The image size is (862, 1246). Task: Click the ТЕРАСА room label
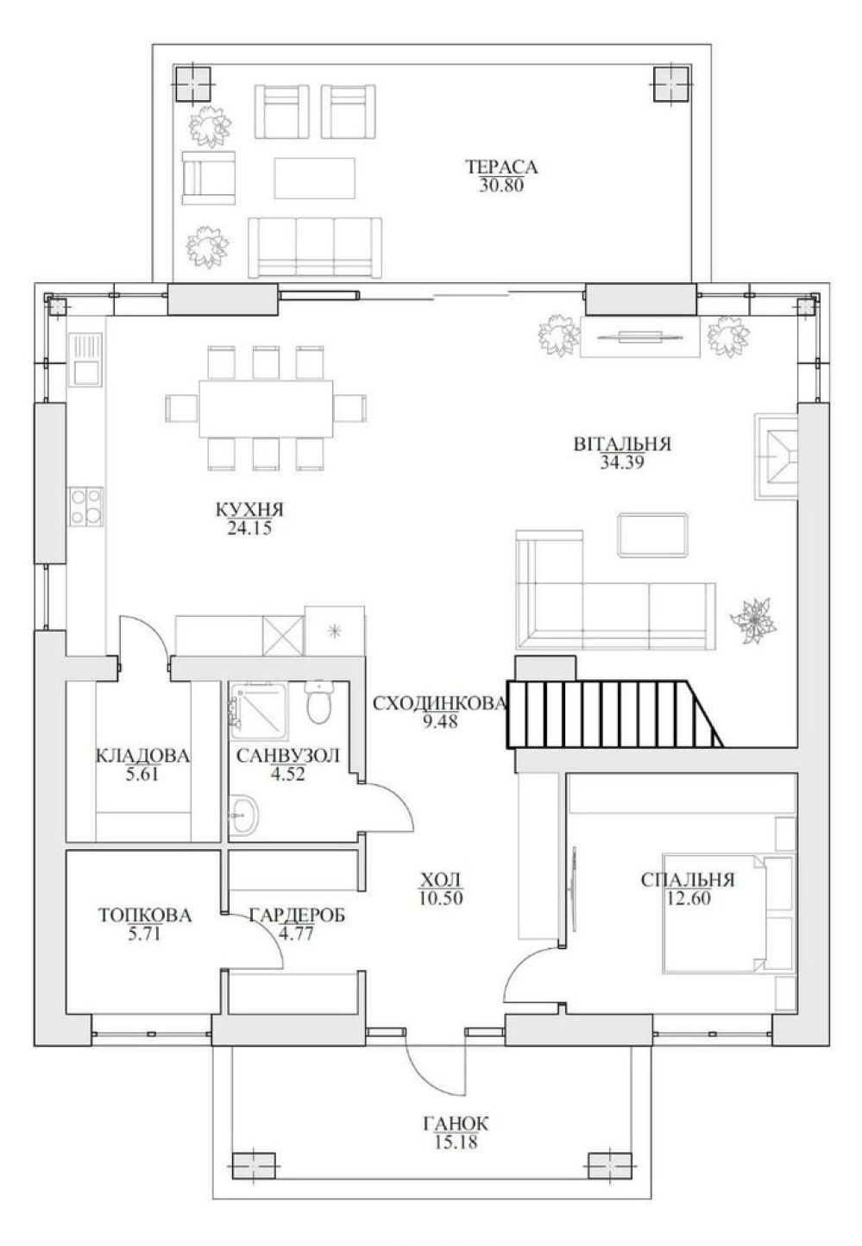[501, 167]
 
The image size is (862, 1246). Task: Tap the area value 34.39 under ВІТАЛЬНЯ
[622, 463]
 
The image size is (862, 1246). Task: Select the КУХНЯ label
[249, 509]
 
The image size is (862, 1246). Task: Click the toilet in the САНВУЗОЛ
[318, 702]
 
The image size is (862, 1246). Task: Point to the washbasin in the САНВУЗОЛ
[243, 815]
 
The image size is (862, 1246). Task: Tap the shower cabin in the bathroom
[257, 711]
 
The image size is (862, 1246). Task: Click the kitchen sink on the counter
[85, 359]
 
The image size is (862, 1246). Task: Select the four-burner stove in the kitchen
[85, 507]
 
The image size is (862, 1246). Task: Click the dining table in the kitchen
[266, 408]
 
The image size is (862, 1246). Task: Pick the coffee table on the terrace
[314, 178]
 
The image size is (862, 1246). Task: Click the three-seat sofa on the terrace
[315, 247]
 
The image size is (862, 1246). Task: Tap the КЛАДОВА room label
[142, 755]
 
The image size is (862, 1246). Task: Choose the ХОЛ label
[440, 879]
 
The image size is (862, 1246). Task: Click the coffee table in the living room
[653, 535]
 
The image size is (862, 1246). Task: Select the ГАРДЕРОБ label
[297, 915]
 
